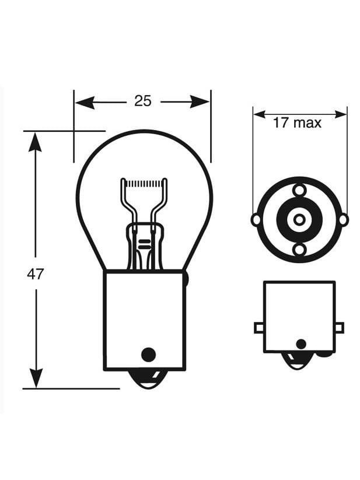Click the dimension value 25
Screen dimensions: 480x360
142,101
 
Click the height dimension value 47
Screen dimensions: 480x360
36,274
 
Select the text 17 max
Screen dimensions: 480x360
297,122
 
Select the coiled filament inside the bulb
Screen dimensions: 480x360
144,183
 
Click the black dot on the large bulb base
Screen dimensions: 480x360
149,353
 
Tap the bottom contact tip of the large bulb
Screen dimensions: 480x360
145,381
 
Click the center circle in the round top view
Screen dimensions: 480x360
299,220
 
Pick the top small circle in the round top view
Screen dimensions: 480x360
299,190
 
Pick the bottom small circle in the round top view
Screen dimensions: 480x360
299,250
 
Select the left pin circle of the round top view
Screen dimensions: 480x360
256,220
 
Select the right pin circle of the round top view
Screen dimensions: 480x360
343,220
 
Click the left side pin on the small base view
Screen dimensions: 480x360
259,328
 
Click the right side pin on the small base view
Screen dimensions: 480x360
339,328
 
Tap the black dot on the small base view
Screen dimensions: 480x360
300,344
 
